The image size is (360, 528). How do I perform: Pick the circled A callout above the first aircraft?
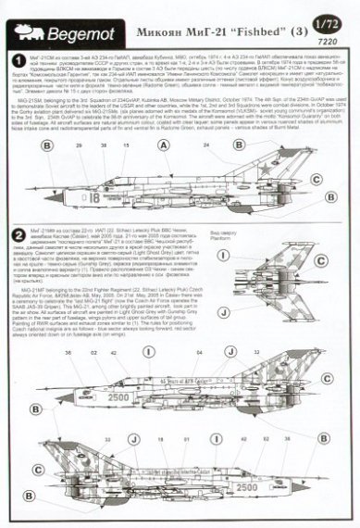(44, 146)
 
